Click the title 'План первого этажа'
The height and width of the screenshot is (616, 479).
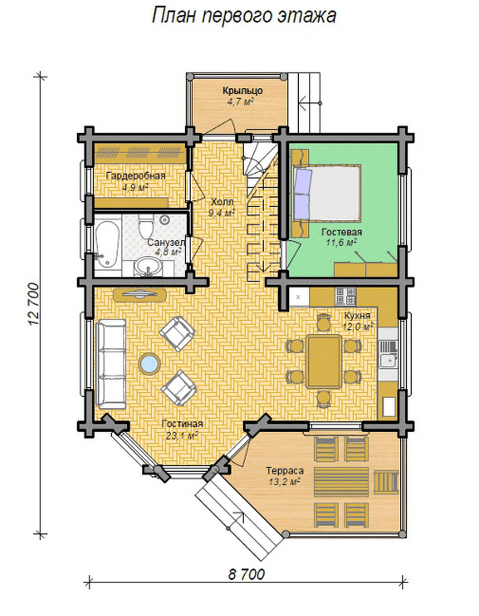(x=244, y=16)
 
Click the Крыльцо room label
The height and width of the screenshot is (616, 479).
(x=242, y=91)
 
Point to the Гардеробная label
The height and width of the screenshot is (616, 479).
(x=136, y=176)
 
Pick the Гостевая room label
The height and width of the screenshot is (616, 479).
(x=341, y=232)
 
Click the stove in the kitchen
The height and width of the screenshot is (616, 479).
(x=345, y=297)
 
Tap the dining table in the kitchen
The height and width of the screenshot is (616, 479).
(x=324, y=362)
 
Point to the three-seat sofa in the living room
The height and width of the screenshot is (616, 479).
(x=111, y=364)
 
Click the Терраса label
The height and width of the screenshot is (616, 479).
(x=285, y=471)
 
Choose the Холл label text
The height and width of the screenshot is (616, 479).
(x=222, y=202)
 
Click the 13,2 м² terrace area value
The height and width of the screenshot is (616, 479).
(x=285, y=481)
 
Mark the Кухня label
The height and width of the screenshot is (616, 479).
(x=357, y=316)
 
